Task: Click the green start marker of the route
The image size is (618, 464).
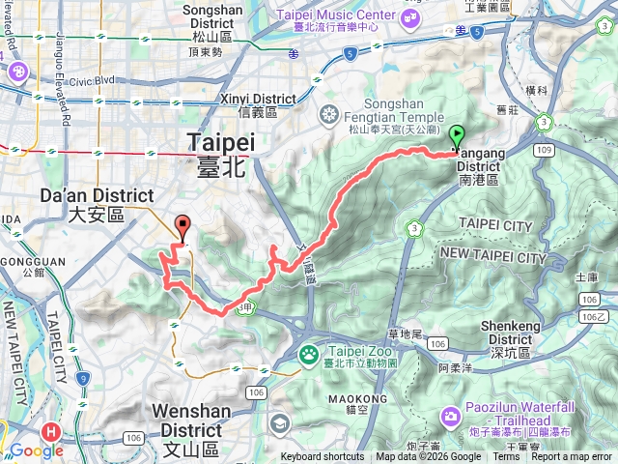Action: [x=457, y=137]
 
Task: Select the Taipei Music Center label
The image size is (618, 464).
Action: [x=335, y=14]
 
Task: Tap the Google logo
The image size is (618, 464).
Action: [x=37, y=450]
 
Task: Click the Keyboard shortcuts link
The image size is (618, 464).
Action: [x=323, y=457]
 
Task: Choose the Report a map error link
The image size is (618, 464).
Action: [x=573, y=457]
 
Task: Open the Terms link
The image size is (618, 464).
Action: [x=506, y=457]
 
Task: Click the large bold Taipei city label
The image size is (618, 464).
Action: [x=220, y=142]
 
